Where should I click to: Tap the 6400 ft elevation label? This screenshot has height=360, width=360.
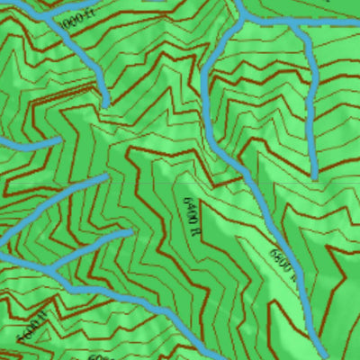coord(190,215)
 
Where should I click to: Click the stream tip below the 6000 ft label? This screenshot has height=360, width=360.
coord(106,101)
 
